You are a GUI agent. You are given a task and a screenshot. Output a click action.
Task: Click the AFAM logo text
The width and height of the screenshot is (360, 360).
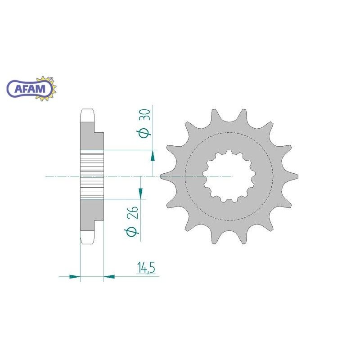click(x=30, y=89)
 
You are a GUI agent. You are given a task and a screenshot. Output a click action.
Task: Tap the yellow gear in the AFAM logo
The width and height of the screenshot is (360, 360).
click(x=47, y=88)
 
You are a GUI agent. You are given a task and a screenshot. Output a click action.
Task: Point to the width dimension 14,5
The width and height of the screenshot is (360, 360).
click(x=146, y=268)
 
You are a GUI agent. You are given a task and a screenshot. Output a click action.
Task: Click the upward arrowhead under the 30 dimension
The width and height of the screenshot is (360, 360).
click(x=153, y=156)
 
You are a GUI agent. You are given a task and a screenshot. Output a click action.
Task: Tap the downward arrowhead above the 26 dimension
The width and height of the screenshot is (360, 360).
click(x=140, y=193)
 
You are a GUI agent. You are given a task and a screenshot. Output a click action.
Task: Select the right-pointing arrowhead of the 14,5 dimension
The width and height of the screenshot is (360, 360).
click(x=75, y=276)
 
